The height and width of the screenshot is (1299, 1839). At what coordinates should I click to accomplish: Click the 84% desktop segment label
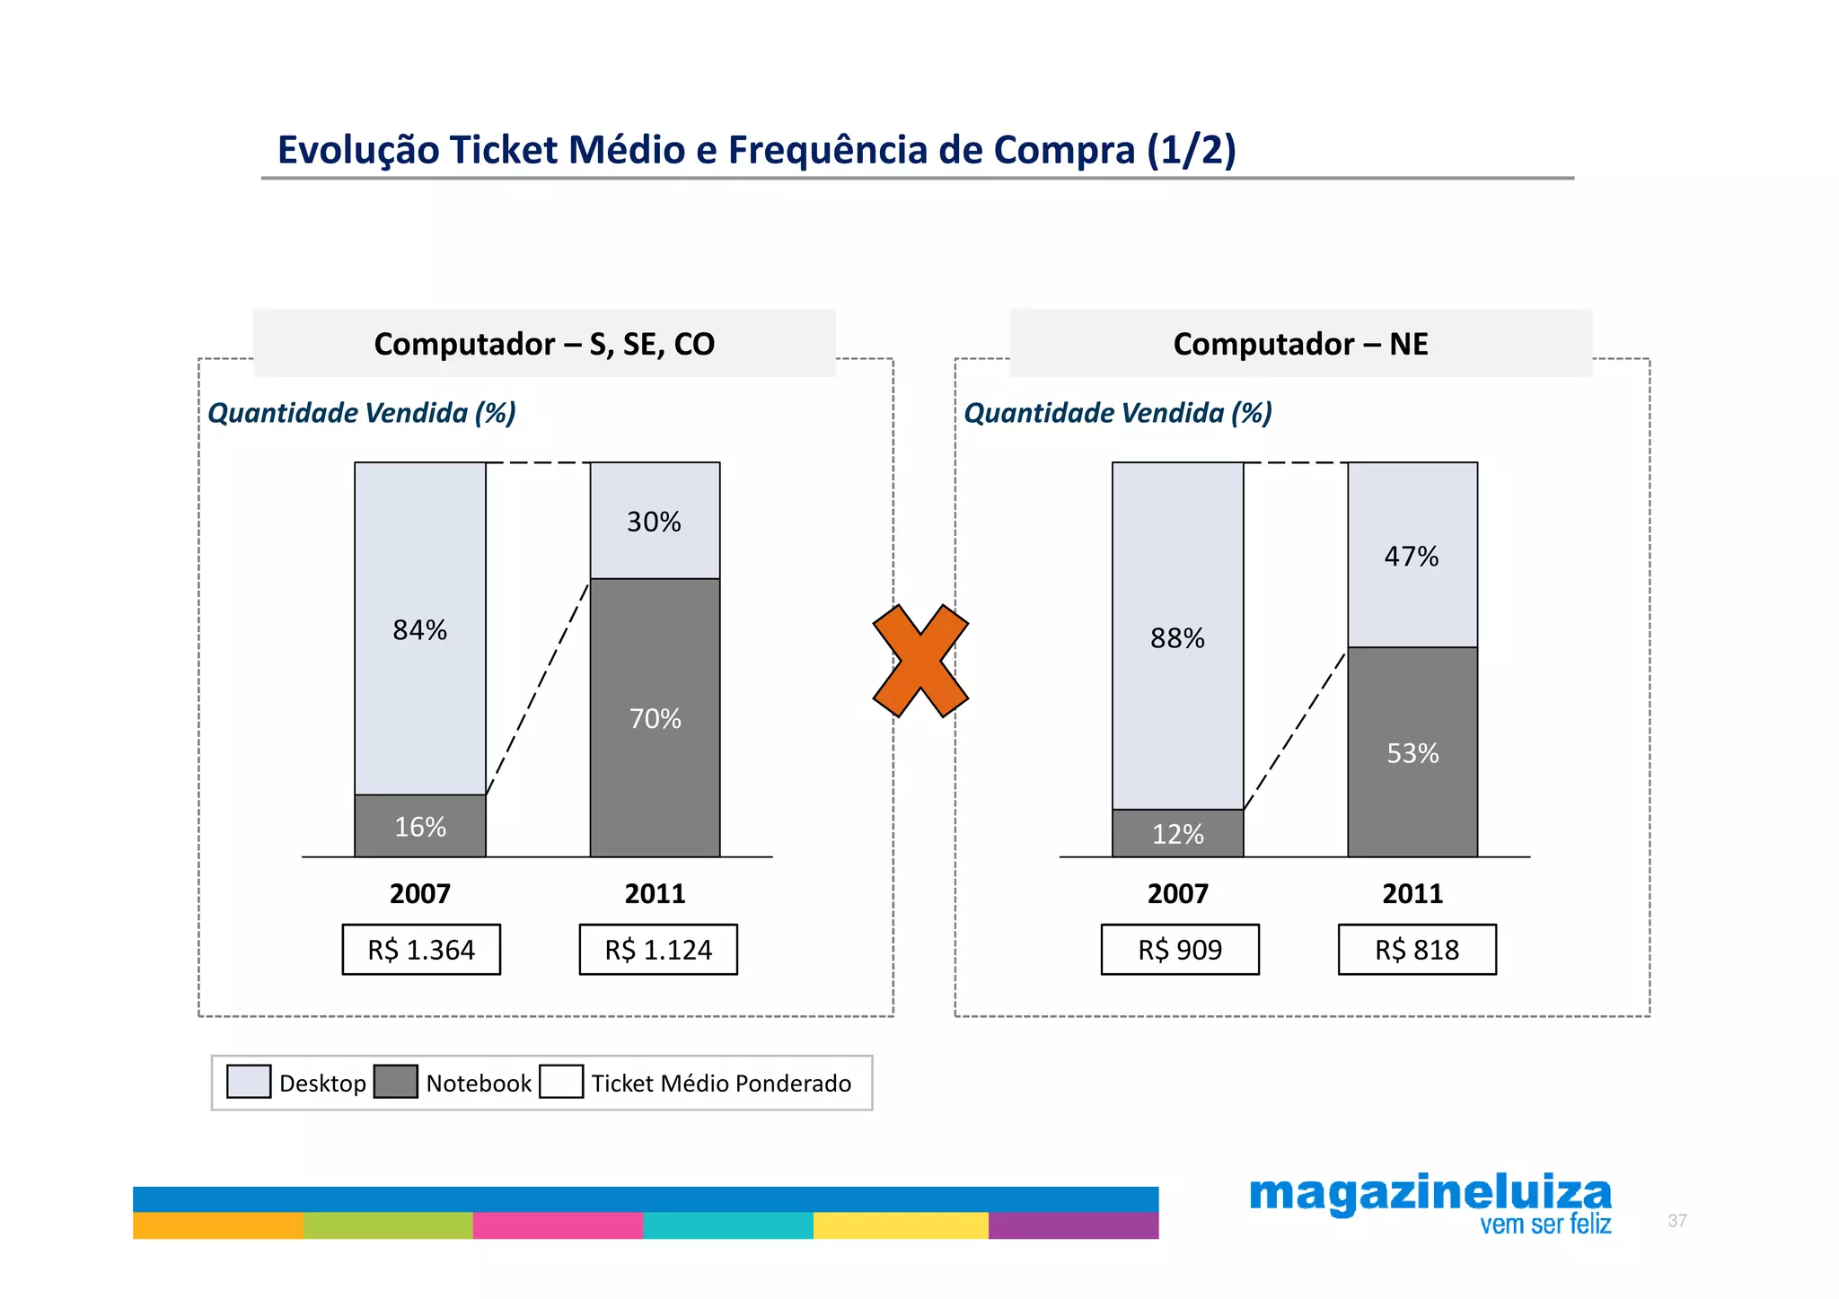point(419,630)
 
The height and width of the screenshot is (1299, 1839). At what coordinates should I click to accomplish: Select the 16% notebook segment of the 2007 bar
point(419,826)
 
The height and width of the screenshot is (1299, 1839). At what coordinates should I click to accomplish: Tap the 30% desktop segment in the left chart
point(655,522)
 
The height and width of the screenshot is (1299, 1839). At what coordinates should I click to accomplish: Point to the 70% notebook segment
point(655,718)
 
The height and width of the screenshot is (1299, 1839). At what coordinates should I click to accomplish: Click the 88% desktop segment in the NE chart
point(1177,638)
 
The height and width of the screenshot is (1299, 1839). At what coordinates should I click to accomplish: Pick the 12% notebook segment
point(1177,834)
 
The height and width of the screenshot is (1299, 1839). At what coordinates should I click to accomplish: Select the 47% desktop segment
point(1412,557)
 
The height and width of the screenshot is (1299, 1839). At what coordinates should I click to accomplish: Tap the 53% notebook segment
point(1412,753)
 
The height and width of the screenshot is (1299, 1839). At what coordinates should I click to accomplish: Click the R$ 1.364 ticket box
point(421,950)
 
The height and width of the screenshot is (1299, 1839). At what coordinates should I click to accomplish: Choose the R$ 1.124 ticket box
point(658,950)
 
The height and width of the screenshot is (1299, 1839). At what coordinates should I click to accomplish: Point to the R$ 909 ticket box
point(1180,950)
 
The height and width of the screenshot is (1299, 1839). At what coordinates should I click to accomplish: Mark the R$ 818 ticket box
point(1417,950)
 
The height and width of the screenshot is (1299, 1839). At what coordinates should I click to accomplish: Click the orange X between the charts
point(920,661)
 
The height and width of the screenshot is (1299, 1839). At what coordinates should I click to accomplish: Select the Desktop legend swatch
point(249,1082)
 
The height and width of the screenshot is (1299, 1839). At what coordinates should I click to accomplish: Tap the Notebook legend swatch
point(395,1082)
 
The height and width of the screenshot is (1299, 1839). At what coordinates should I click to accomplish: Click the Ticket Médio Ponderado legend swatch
point(561,1082)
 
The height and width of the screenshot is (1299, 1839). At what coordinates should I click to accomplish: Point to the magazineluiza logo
point(1430,1204)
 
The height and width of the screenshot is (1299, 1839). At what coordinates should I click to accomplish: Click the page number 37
point(1676,1221)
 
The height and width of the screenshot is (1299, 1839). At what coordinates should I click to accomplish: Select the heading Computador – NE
point(1300,344)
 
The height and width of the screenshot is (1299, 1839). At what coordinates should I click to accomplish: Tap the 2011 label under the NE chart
point(1412,894)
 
